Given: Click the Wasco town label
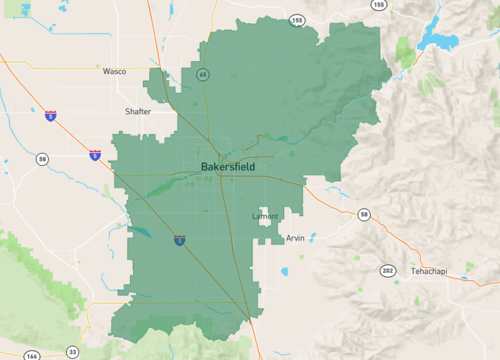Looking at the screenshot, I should [x=114, y=72].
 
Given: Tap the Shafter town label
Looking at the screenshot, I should [x=138, y=111].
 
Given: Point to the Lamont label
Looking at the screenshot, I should [x=265, y=216].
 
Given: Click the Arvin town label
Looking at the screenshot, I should [x=295, y=238].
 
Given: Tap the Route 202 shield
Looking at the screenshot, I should [x=387, y=270].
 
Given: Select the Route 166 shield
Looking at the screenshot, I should [x=34, y=354].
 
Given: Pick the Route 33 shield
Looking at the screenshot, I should [x=72, y=352].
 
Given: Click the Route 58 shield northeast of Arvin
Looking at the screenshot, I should [x=364, y=215].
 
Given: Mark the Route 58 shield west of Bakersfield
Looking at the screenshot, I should [x=42, y=158].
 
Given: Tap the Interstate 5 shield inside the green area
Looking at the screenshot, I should [x=178, y=240].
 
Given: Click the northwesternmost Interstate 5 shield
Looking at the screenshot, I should [x=50, y=115].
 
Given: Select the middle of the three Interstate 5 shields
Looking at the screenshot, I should [x=94, y=155].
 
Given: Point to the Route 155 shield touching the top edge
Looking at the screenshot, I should [x=378, y=5].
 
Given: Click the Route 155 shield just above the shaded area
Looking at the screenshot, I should [x=296, y=19].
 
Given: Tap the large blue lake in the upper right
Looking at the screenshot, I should [x=439, y=39].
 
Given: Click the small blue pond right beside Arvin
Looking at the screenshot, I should [x=311, y=238].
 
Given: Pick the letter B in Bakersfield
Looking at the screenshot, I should [x=205, y=166].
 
